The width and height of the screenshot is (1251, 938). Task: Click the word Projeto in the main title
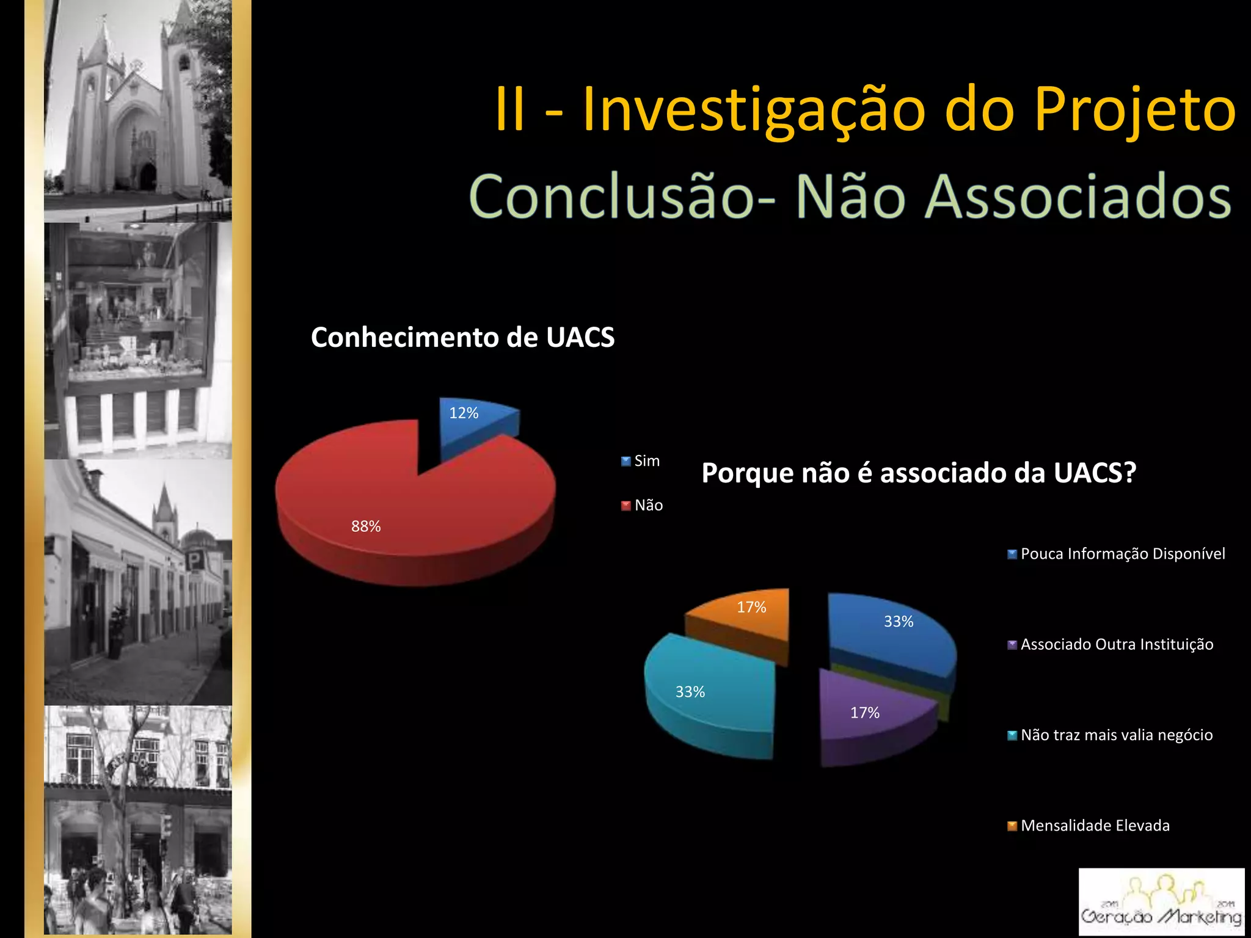click(x=1135, y=110)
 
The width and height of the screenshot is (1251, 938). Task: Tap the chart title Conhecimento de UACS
click(x=462, y=337)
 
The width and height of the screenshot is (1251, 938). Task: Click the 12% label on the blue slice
click(x=464, y=413)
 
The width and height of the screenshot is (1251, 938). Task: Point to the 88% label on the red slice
click(x=366, y=526)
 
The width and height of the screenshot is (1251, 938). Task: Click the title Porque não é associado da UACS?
click(x=918, y=473)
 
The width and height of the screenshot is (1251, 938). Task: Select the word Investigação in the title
click(x=754, y=110)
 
